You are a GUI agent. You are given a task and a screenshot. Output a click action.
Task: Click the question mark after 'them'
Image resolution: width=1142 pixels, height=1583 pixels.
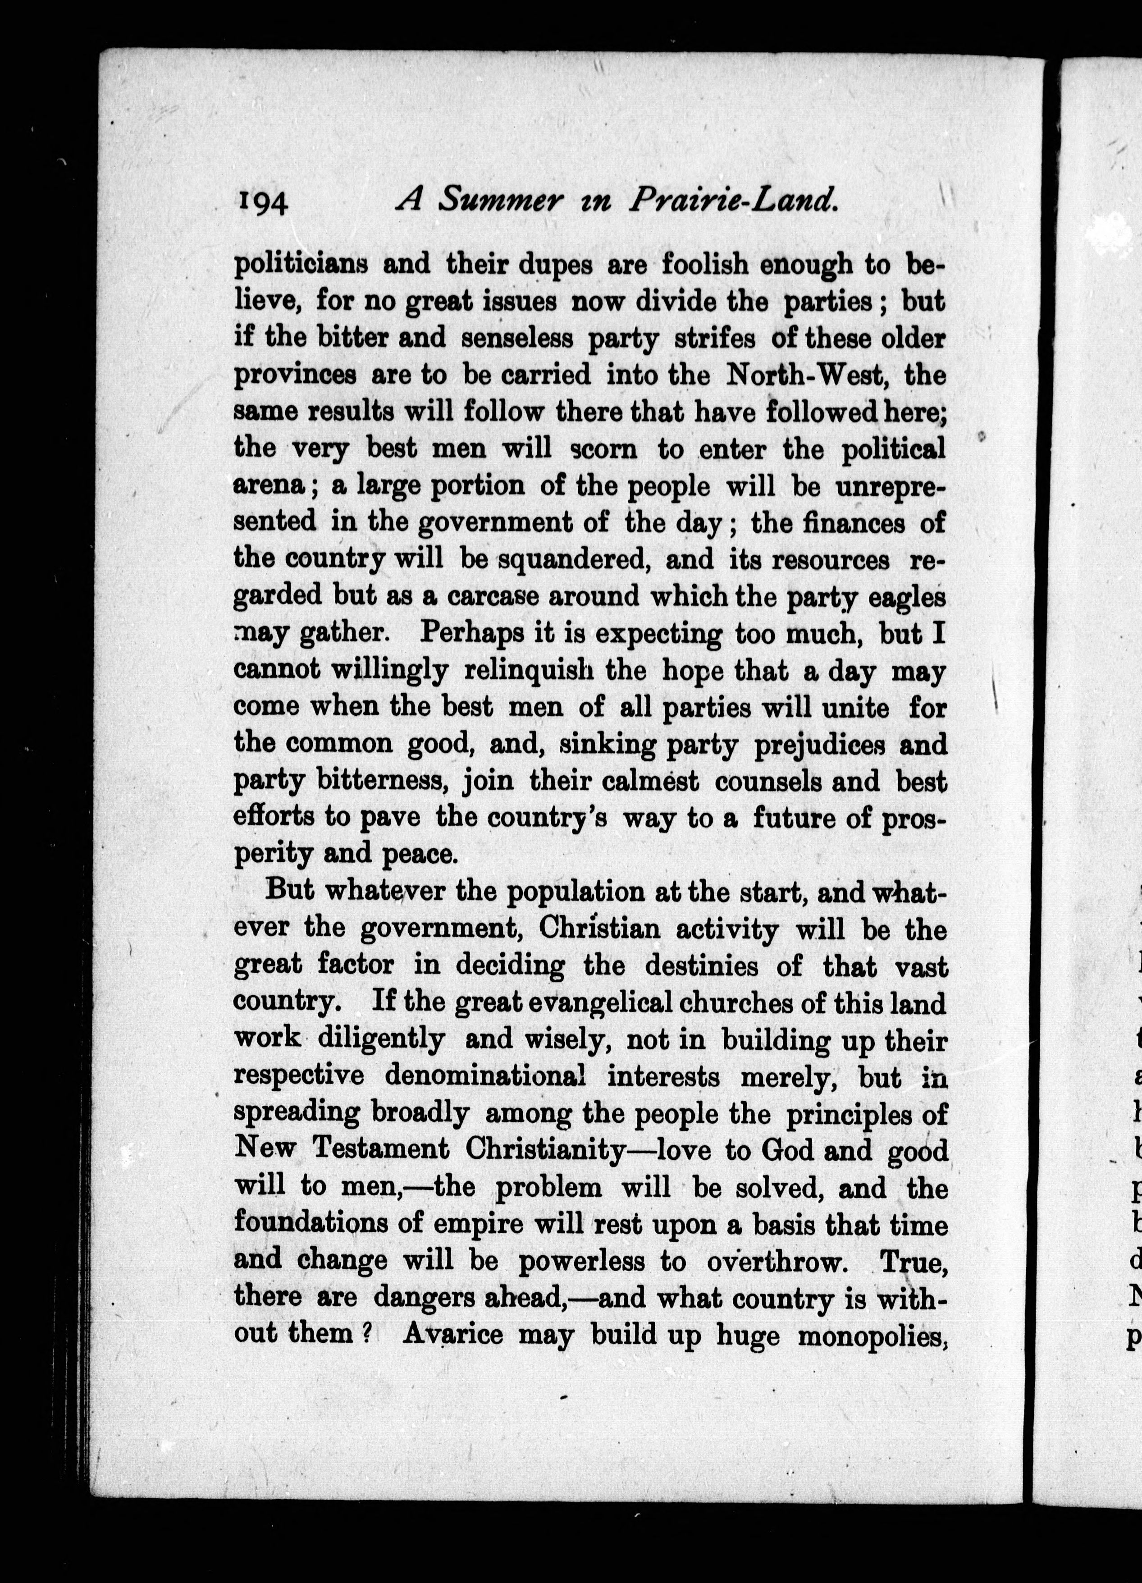click(x=365, y=1334)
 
